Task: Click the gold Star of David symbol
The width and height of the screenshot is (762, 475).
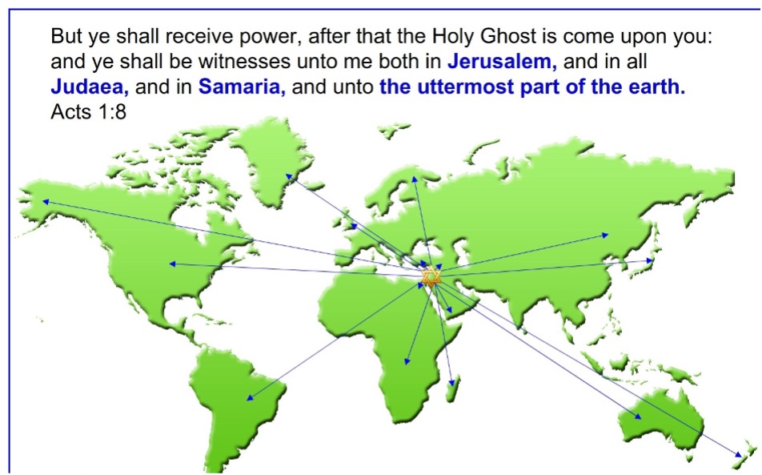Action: click(431, 277)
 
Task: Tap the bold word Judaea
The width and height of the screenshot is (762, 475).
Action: click(90, 87)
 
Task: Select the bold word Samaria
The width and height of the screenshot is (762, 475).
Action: click(242, 87)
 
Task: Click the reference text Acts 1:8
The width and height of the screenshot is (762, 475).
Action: click(88, 112)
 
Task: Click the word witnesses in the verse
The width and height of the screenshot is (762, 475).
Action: click(255, 61)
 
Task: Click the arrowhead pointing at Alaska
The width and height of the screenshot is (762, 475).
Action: click(45, 201)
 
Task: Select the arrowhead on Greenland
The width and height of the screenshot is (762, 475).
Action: click(289, 177)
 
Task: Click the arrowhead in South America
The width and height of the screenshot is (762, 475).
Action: click(250, 397)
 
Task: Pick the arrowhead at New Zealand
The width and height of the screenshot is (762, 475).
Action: click(739, 454)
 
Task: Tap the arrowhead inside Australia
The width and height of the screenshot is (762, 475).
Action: click(638, 417)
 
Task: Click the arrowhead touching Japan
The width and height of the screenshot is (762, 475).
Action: click(650, 260)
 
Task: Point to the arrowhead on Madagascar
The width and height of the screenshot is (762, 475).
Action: click(452, 383)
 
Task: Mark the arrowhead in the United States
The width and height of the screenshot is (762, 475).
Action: click(172, 264)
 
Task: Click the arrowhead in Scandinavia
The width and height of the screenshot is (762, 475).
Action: click(415, 179)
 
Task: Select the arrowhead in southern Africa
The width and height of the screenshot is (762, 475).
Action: click(407, 360)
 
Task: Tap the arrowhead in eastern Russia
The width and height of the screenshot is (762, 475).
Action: click(605, 235)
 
